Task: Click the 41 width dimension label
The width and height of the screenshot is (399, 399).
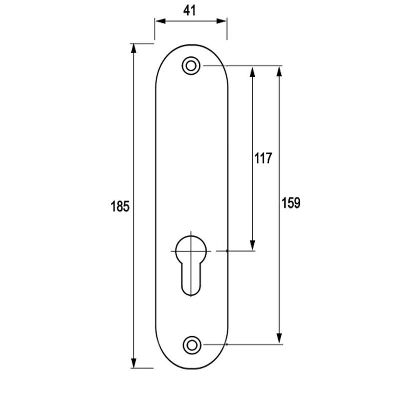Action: click(x=190, y=10)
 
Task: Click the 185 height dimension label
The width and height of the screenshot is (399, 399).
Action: click(x=120, y=206)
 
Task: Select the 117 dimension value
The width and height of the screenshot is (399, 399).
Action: click(x=263, y=158)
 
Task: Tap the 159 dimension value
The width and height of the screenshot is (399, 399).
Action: click(x=291, y=203)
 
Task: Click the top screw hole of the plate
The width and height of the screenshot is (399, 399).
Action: click(x=191, y=66)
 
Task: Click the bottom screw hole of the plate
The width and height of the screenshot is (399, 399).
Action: click(x=192, y=345)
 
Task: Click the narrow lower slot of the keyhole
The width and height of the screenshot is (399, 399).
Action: click(x=191, y=279)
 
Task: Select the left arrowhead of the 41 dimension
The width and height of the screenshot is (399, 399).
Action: click(x=160, y=21)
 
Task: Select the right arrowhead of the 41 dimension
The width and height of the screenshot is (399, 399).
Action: click(x=221, y=21)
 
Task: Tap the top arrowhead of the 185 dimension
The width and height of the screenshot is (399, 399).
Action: click(x=134, y=48)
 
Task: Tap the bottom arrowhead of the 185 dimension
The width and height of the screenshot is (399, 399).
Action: click(x=134, y=363)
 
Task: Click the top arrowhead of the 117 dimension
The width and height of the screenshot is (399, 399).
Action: click(x=252, y=72)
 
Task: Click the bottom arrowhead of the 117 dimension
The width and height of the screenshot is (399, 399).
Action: click(x=252, y=245)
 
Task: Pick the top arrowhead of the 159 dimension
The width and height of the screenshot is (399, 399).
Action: click(x=279, y=71)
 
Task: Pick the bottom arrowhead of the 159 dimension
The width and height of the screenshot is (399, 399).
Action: click(x=279, y=339)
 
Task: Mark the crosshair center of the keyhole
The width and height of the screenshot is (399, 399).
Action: click(x=191, y=251)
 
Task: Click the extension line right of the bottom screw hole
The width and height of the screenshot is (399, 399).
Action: click(x=243, y=345)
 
